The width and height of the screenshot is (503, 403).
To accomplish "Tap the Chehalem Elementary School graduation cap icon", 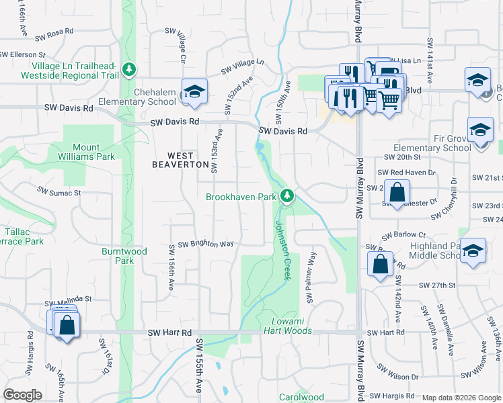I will pyautogui.click(x=194, y=92).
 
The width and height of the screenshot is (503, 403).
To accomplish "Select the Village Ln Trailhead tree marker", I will pyautogui.click(x=128, y=69).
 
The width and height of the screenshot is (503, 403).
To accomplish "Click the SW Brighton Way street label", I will pyautogui.click(x=205, y=244).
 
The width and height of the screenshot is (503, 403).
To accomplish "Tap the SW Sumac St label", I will pyautogui.click(x=59, y=193).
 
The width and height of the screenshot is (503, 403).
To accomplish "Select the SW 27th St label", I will pyautogui.click(x=434, y=285).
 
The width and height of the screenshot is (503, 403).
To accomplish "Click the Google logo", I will pyautogui.click(x=22, y=395).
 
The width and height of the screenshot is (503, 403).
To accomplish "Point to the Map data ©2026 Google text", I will pyautogui.click(x=461, y=398).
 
